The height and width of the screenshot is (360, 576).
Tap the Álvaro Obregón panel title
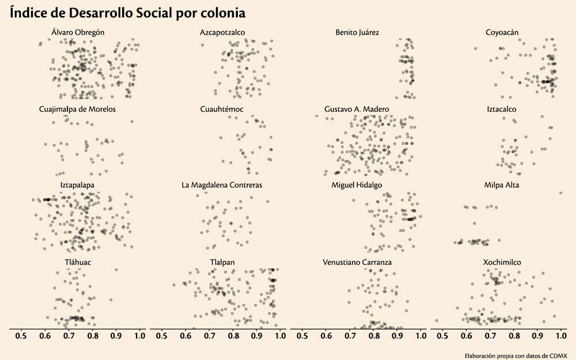tap(77, 32)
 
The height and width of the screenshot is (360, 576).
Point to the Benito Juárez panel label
tap(357, 32)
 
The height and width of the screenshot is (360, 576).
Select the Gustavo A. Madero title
tap(357, 109)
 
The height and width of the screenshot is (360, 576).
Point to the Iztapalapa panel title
tap(77, 185)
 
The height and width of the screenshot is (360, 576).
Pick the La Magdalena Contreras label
tap(222, 185)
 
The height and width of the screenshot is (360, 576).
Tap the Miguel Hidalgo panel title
tap(357, 185)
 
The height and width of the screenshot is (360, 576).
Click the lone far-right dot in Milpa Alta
tap(561, 192)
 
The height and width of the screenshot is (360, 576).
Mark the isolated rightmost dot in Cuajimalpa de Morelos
tap(132, 121)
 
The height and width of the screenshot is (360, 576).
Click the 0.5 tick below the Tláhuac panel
tap(21, 336)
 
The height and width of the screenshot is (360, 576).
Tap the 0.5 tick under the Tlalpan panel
tap(162, 336)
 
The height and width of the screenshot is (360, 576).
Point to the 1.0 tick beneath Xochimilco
tap(562, 336)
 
